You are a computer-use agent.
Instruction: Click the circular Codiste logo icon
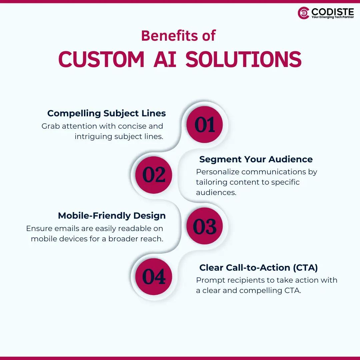[x=304, y=13]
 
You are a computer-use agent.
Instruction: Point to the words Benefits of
[x=178, y=36]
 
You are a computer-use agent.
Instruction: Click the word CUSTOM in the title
[x=101, y=60]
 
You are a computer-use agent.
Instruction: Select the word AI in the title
[x=165, y=60]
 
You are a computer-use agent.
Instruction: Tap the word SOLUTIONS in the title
[x=243, y=60]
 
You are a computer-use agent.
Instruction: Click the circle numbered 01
[x=205, y=125]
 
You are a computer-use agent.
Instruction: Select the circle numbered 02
[x=154, y=175]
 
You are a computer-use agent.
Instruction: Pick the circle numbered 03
[x=205, y=226]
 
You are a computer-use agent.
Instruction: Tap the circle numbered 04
[x=154, y=277]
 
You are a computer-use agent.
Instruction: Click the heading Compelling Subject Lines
[x=106, y=113]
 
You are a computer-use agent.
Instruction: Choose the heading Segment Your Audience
[x=256, y=159]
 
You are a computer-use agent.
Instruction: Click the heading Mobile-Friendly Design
[x=112, y=216]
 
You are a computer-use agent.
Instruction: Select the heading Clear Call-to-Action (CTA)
[x=258, y=268]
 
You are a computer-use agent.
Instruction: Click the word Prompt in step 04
[x=207, y=280]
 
